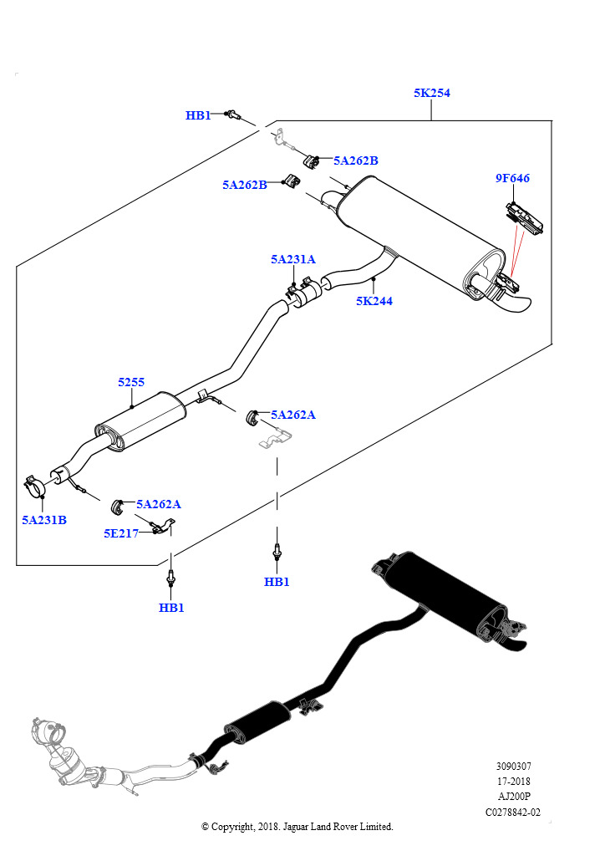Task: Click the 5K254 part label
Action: [431, 94]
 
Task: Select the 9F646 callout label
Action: [512, 178]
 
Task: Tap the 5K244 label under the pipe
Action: [374, 301]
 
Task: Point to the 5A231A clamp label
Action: [292, 260]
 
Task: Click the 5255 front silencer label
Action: [131, 382]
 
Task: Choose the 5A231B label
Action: [44, 520]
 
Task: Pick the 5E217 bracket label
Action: [121, 533]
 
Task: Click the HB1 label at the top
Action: [198, 115]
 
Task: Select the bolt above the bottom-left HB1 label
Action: [171, 578]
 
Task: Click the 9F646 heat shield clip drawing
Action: [525, 217]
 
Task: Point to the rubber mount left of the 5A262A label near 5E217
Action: [118, 505]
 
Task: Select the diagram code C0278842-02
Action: [513, 812]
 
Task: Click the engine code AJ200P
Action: [514, 797]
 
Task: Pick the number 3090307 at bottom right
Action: [514, 766]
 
